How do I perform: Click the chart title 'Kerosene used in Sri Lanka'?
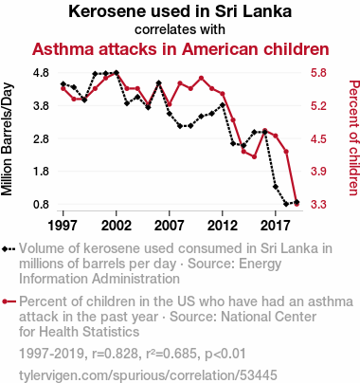[x=180, y=11]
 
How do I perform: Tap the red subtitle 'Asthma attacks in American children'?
[x=181, y=49]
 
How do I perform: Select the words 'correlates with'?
[x=180, y=29]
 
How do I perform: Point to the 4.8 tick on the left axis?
[x=41, y=73]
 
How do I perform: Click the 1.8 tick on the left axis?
[x=41, y=172]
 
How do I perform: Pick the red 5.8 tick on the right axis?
[x=318, y=73]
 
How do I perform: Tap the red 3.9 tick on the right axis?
[x=318, y=172]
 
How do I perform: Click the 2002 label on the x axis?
[x=117, y=226]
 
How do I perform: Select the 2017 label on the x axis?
[x=276, y=226]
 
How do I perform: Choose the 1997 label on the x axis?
[x=63, y=226]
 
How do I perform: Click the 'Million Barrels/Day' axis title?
[x=7, y=139]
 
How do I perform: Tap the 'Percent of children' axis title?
[x=353, y=137]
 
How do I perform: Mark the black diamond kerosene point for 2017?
[x=276, y=187]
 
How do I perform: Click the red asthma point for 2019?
[x=297, y=204]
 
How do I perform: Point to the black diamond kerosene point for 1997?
[x=63, y=84]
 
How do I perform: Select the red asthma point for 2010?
[x=201, y=78]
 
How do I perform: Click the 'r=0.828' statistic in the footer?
[x=115, y=354]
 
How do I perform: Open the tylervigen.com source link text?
[x=148, y=375]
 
